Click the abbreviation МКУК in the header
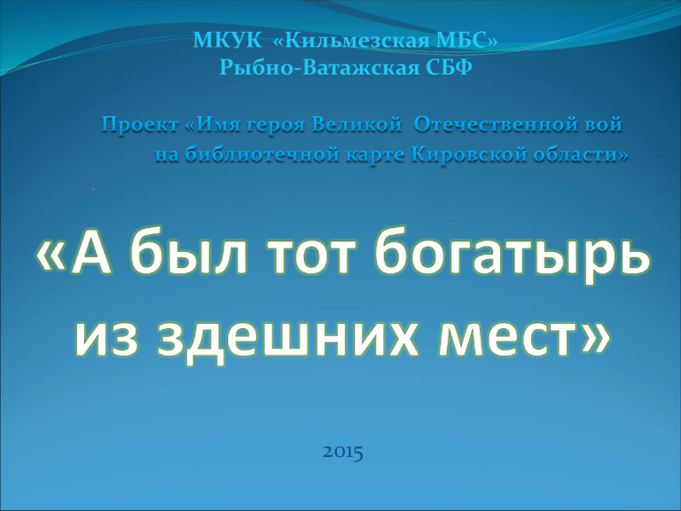227,41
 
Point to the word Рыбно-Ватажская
319,67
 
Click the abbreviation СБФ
450,67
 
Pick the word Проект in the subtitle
140,125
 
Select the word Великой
356,124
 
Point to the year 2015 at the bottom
343,452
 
